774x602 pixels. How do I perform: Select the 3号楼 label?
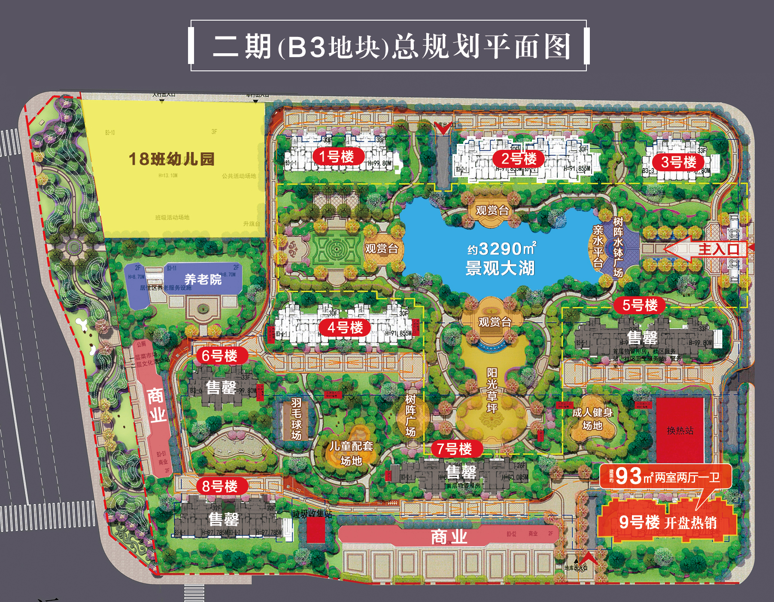point(678,162)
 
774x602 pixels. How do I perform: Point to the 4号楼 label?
point(345,328)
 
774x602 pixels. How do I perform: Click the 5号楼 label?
point(640,305)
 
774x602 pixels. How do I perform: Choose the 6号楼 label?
point(219,356)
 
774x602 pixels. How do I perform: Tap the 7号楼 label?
point(454,449)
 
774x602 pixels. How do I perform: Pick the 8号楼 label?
point(219,486)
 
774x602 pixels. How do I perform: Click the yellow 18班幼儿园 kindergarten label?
point(171,159)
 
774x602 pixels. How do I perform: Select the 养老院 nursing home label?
point(203,280)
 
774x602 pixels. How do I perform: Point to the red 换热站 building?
point(680,430)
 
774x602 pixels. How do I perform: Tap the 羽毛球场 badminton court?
point(296,419)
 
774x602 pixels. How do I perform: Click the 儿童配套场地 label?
point(351,453)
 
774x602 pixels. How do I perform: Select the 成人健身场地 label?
point(592,419)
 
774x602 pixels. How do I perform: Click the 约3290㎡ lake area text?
point(501,249)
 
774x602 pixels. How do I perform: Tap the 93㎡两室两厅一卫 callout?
point(665,476)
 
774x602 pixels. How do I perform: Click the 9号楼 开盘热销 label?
point(668,522)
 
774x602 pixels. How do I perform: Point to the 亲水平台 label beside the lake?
point(598,246)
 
